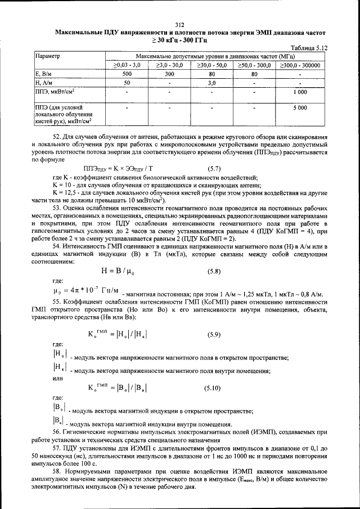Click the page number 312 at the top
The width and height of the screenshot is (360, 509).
[x=179, y=24]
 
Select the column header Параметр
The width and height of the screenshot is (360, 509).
[x=48, y=56]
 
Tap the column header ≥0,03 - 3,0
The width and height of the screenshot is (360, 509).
[x=127, y=65]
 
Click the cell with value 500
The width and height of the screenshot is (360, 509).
[x=127, y=74]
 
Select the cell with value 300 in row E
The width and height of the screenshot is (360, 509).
[x=169, y=74]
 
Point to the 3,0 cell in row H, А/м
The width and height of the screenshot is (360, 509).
[x=212, y=83]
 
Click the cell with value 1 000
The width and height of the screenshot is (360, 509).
[x=300, y=92]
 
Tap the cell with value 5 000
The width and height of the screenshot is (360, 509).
[x=300, y=106]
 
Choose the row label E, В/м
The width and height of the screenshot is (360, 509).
[x=44, y=74]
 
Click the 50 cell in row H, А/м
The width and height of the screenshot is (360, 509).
[x=127, y=83]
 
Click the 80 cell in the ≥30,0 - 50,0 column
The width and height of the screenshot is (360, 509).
[x=212, y=74]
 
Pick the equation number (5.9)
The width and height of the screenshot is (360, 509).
[x=213, y=335]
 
